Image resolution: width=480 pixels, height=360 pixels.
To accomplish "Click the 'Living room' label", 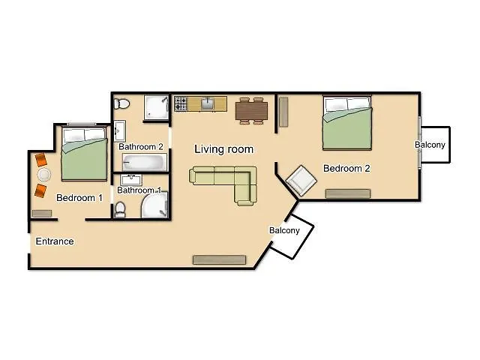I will (x=223, y=149).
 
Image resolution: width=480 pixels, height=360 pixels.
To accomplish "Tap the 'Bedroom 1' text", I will (x=79, y=198).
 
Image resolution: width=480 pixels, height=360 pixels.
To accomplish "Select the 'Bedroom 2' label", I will (x=346, y=169).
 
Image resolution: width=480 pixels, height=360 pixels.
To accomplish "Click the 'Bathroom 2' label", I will (x=141, y=147).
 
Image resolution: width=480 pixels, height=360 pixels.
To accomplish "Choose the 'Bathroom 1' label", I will (x=139, y=190).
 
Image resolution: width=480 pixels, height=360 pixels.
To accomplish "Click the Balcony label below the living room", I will (x=285, y=231).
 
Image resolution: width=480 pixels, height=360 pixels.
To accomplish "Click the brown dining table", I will (x=250, y=110).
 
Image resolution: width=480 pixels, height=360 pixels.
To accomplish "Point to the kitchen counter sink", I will (x=208, y=104).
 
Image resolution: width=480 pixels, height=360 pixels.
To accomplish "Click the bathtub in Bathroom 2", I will (x=144, y=162).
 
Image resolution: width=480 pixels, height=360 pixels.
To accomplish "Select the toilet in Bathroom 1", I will (x=120, y=208).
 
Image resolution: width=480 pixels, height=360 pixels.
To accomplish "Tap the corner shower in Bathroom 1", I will (x=154, y=205).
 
